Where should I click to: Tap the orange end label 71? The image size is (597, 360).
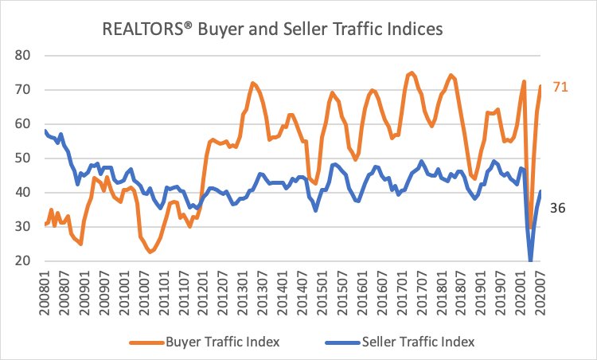click(560, 87)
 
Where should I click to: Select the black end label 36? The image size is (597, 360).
click(560, 208)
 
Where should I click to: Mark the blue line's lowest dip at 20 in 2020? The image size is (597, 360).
click(530, 260)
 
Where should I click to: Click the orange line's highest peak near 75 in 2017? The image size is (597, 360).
click(411, 72)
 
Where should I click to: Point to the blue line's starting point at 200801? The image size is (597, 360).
click(45, 131)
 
